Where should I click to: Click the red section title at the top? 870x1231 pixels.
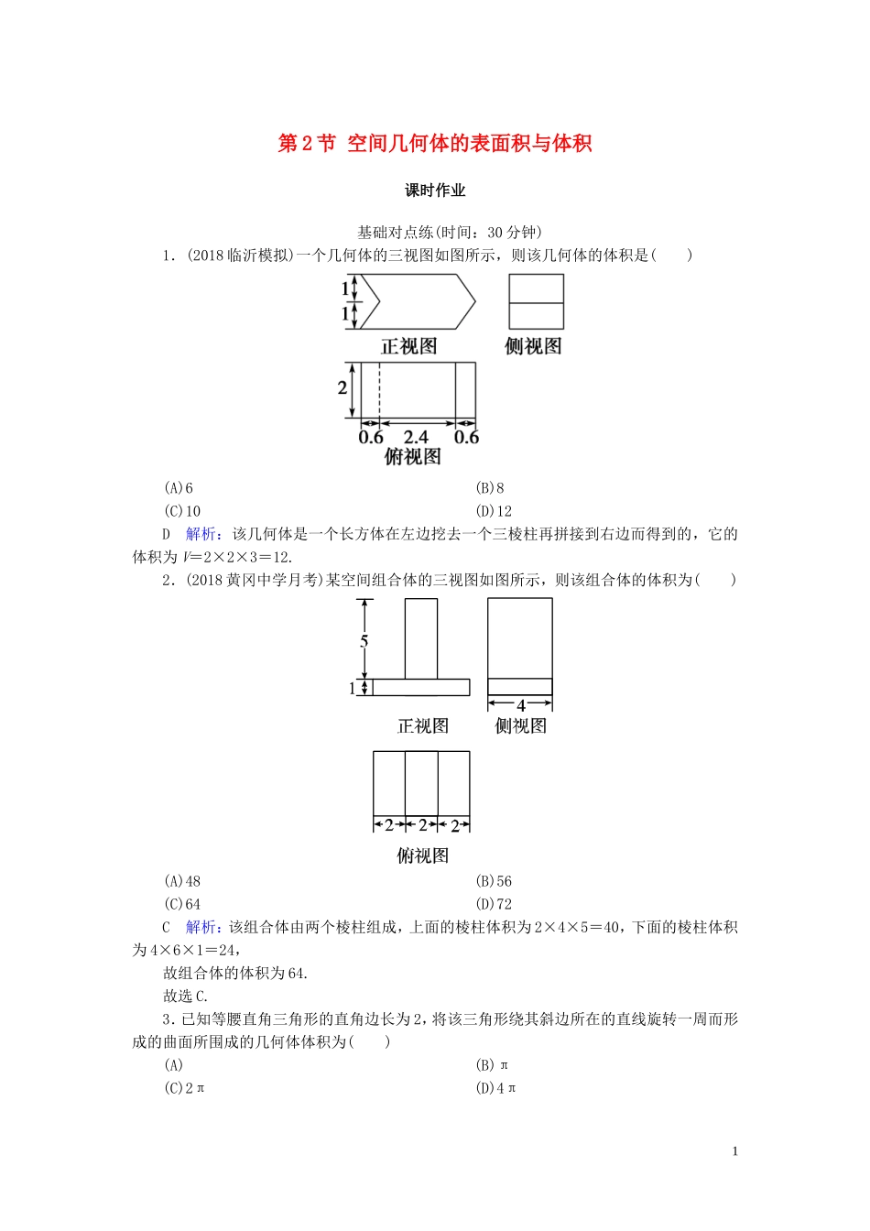[435, 144]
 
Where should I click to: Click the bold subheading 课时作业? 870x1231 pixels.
[435, 191]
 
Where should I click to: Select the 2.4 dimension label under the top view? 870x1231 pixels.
[416, 438]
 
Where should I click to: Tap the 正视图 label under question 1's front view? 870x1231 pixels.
[408, 346]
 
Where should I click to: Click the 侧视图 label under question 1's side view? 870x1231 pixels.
[533, 346]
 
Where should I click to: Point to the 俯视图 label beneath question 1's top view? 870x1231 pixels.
[412, 457]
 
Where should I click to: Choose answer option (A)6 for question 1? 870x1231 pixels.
[179, 488]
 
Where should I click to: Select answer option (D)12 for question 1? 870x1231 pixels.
[494, 511]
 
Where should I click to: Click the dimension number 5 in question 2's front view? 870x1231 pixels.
[364, 641]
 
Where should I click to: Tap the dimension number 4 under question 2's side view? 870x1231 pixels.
[520, 705]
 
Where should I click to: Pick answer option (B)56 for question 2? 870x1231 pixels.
[494, 881]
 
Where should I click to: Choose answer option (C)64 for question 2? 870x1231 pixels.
[182, 904]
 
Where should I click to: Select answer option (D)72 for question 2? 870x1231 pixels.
[494, 904]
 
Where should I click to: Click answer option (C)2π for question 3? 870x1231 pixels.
[184, 1088]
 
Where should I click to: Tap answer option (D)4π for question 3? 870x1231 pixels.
[495, 1088]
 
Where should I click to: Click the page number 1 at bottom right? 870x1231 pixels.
[734, 1151]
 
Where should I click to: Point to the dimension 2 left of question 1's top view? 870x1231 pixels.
[343, 387]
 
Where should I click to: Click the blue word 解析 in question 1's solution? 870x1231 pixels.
[201, 534]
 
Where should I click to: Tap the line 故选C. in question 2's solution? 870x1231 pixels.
[186, 997]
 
